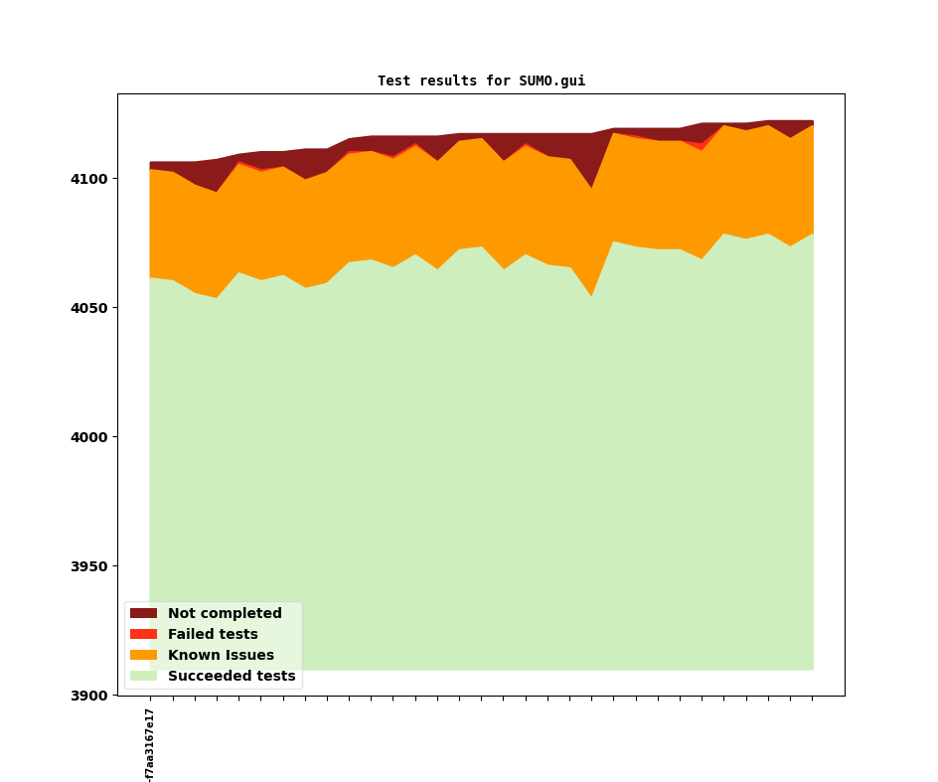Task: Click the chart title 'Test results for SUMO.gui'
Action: pos(481,81)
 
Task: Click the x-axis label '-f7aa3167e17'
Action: pos(150,744)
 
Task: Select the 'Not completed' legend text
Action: pos(225,614)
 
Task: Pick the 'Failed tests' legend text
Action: pos(213,635)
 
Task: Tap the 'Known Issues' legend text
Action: pos(221,656)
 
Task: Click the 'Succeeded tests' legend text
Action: pos(232,677)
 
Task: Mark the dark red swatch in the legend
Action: pos(143,614)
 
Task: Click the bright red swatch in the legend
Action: pos(143,635)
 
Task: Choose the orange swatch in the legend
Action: pos(143,656)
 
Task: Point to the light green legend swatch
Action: pos(143,677)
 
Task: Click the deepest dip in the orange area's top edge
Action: pos(592,188)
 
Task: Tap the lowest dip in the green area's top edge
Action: pos(592,296)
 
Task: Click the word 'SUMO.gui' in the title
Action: pos(551,81)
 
